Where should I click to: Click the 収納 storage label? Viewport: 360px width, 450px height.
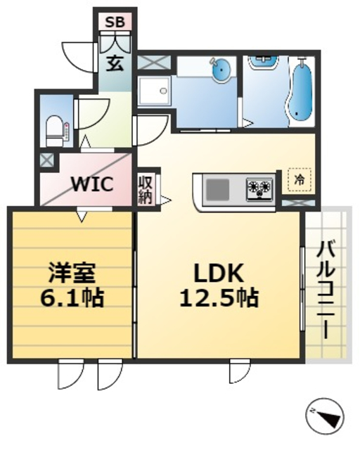click(146, 189)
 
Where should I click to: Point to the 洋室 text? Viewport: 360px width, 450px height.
click(71, 271)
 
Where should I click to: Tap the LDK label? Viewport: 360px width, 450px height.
click(219, 271)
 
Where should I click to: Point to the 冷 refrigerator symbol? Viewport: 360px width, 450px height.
click(300, 180)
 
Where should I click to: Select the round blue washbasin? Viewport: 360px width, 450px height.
click(221, 69)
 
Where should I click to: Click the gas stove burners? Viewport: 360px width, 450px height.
click(258, 188)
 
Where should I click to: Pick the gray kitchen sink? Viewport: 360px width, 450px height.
click(217, 188)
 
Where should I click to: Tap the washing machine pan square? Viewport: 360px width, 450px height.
click(154, 91)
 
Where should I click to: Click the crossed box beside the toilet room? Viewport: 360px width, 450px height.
click(46, 160)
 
